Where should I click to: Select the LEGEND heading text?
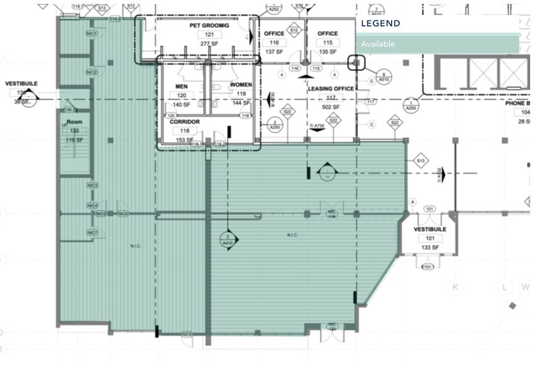pyautogui.click(x=380, y=24)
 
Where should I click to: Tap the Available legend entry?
pyautogui.click(x=378, y=44)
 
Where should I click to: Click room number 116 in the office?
pyautogui.click(x=274, y=42)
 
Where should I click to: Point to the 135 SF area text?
pyautogui.click(x=327, y=51)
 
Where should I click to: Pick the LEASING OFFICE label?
pyautogui.click(x=331, y=89)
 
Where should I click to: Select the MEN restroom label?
pyautogui.click(x=181, y=86)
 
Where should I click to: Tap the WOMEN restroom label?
pyautogui.click(x=241, y=85)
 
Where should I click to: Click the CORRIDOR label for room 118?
pyautogui.click(x=185, y=122)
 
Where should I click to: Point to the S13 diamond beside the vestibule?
pyautogui.click(x=420, y=161)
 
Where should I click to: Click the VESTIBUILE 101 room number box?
pyautogui.click(x=430, y=238)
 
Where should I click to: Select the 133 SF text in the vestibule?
pyautogui.click(x=430, y=248)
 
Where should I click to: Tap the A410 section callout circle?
pyautogui.click(x=227, y=239)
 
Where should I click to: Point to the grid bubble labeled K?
pyautogui.click(x=455, y=287)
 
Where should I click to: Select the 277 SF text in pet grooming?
pyautogui.click(x=209, y=43)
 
